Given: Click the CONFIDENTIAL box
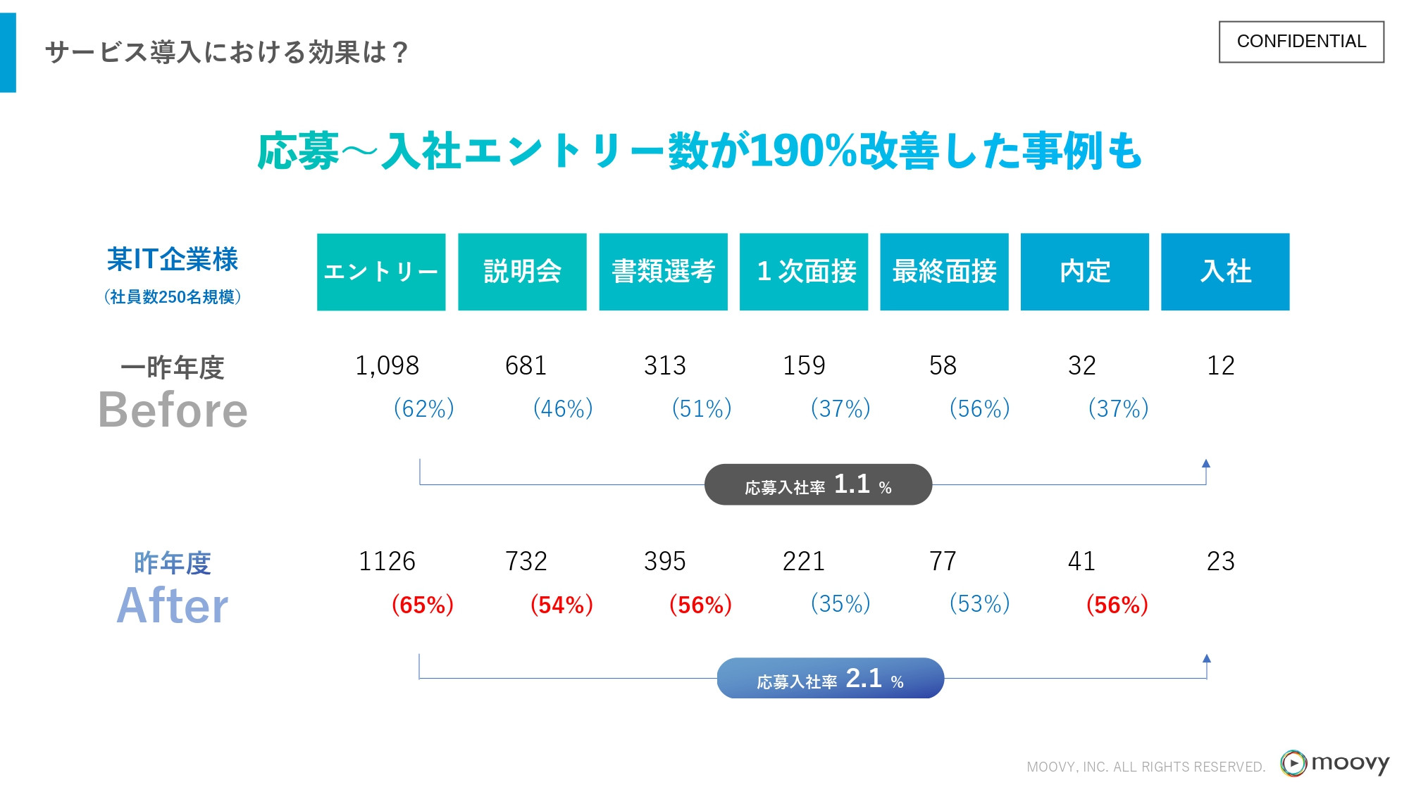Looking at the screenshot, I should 1301,42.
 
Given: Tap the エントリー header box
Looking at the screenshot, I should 381,272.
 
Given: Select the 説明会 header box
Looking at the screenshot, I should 522,272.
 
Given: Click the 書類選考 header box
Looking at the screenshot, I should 663,272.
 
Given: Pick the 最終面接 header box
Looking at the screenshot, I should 944,272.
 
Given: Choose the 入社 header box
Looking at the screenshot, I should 1225,272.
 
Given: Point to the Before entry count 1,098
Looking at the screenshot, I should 387,366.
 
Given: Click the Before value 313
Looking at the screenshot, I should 664,366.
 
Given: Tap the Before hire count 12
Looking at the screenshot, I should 1220,366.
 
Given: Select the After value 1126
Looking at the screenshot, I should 387,562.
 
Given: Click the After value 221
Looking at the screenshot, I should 803,562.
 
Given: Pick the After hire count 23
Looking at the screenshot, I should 1220,562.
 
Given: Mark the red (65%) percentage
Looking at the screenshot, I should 423,605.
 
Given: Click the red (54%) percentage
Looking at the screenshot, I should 561,605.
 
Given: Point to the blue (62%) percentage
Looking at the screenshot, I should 423,408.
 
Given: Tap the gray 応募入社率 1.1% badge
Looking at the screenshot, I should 818,484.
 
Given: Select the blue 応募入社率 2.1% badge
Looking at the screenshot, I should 830,679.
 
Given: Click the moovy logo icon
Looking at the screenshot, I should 1293,763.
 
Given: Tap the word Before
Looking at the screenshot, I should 173,410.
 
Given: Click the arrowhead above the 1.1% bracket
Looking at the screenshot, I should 1206,463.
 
